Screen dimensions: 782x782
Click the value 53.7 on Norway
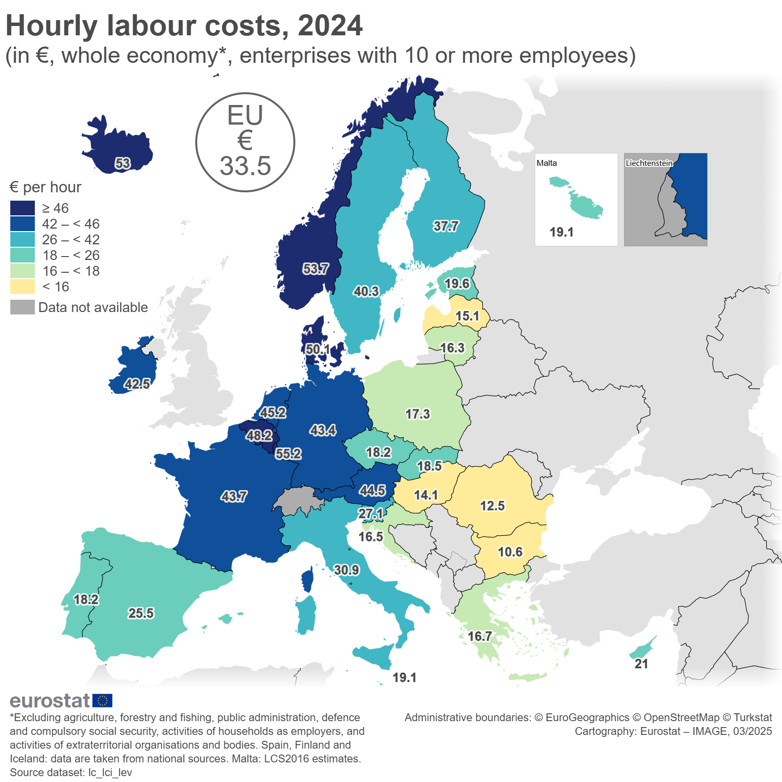tap(315, 269)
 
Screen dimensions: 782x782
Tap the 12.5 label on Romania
tap(492, 506)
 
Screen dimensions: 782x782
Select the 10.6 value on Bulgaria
tap(510, 552)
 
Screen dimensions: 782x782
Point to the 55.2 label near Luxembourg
tap(288, 453)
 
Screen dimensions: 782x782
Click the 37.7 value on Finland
tap(445, 226)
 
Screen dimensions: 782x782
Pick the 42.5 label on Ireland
tap(137, 384)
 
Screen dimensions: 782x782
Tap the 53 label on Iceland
tap(123, 163)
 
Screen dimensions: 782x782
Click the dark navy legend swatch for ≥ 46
tap(23, 208)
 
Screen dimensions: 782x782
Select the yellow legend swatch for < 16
tap(23, 287)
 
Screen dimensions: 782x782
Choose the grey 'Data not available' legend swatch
tap(23, 307)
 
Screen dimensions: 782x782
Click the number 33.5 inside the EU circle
tap(245, 166)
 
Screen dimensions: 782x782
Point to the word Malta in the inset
tap(547, 163)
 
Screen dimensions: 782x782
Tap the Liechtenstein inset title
tap(649, 163)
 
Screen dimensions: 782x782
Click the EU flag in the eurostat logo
tap(102, 701)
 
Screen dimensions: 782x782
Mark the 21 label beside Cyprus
tap(641, 664)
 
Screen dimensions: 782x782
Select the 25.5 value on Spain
tap(141, 613)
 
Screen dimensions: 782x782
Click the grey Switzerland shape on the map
tap(297, 501)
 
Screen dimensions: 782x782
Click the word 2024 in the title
tap(330, 26)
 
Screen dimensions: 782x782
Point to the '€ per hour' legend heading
tap(45, 187)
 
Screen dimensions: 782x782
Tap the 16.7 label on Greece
tap(479, 636)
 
